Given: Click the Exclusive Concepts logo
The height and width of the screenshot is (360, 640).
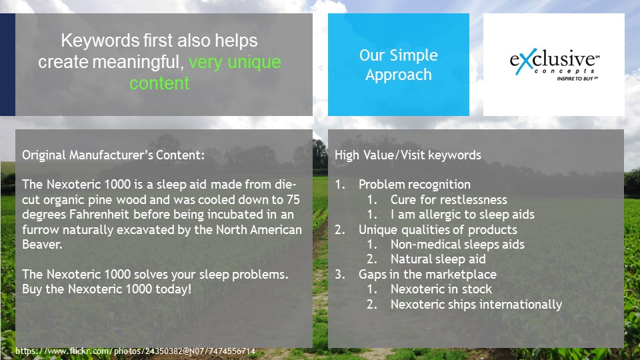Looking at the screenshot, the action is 554,65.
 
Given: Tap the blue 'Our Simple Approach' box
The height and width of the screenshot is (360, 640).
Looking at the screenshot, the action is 399,65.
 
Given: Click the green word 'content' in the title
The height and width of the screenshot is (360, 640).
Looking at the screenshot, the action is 159,83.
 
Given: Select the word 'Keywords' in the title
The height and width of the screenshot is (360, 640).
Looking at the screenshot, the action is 100,41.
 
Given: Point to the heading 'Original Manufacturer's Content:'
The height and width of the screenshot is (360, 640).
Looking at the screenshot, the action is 113,155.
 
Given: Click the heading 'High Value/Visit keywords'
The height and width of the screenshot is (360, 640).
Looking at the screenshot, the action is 408,155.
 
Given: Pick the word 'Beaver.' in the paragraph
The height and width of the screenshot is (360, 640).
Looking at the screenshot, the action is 42,245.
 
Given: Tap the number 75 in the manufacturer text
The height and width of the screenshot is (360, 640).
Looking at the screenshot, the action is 293,199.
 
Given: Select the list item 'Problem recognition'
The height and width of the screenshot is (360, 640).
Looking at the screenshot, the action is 414,185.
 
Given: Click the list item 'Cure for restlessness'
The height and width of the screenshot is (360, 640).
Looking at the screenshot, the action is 449,199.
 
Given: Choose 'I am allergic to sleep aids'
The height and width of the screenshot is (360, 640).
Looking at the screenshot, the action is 463,215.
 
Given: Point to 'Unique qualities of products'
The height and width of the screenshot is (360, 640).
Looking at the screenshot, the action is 437,230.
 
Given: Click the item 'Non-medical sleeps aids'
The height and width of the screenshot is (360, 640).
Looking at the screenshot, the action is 457,245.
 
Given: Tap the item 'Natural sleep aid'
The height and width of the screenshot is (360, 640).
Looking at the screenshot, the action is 438,259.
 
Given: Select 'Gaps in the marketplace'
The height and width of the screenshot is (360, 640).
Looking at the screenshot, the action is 427,274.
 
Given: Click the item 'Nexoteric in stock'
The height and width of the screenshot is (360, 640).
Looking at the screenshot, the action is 441,289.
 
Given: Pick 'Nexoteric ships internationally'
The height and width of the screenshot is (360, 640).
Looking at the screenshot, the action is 476,305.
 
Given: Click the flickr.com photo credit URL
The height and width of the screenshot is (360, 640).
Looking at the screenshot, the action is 135,351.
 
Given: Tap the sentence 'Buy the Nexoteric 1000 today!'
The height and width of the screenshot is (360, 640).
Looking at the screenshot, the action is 107,289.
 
